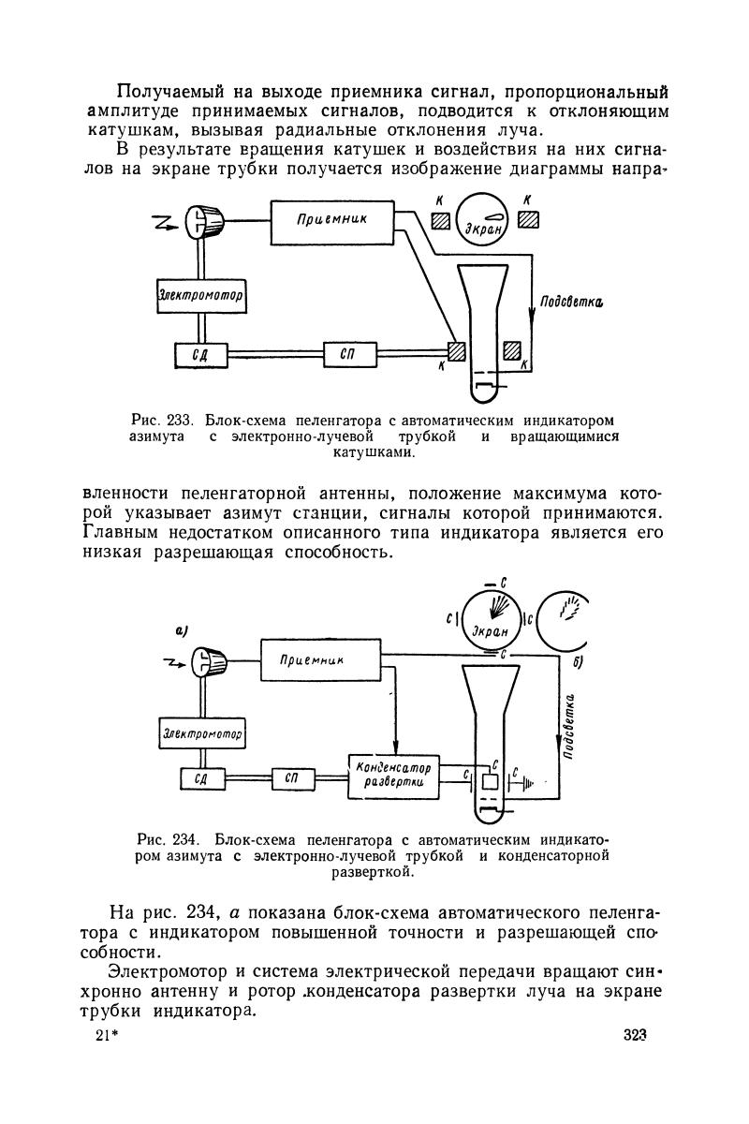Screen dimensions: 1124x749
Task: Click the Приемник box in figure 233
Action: (330, 219)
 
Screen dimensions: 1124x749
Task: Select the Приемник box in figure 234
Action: (320, 659)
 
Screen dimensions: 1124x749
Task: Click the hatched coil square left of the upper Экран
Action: (440, 222)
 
